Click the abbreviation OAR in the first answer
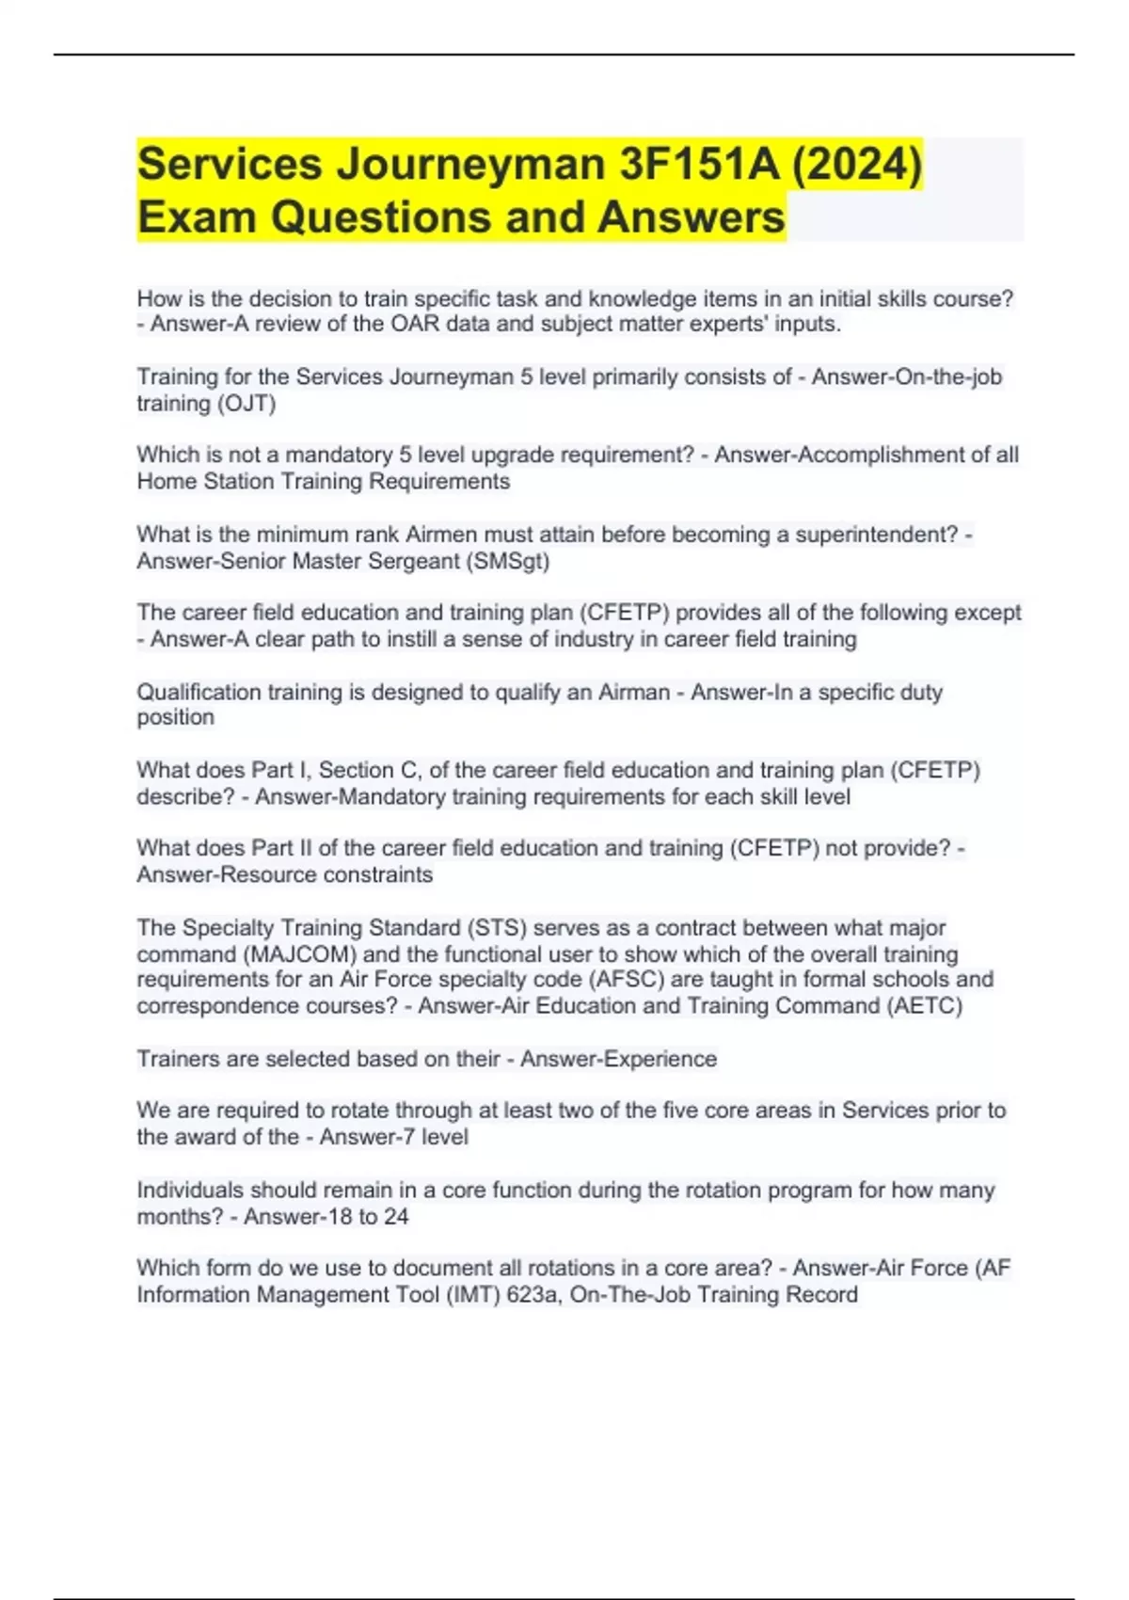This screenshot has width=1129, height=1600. point(416,324)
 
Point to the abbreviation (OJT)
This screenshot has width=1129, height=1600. point(246,404)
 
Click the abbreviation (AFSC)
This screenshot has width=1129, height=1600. point(626,980)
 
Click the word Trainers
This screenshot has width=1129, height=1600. point(178,1059)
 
